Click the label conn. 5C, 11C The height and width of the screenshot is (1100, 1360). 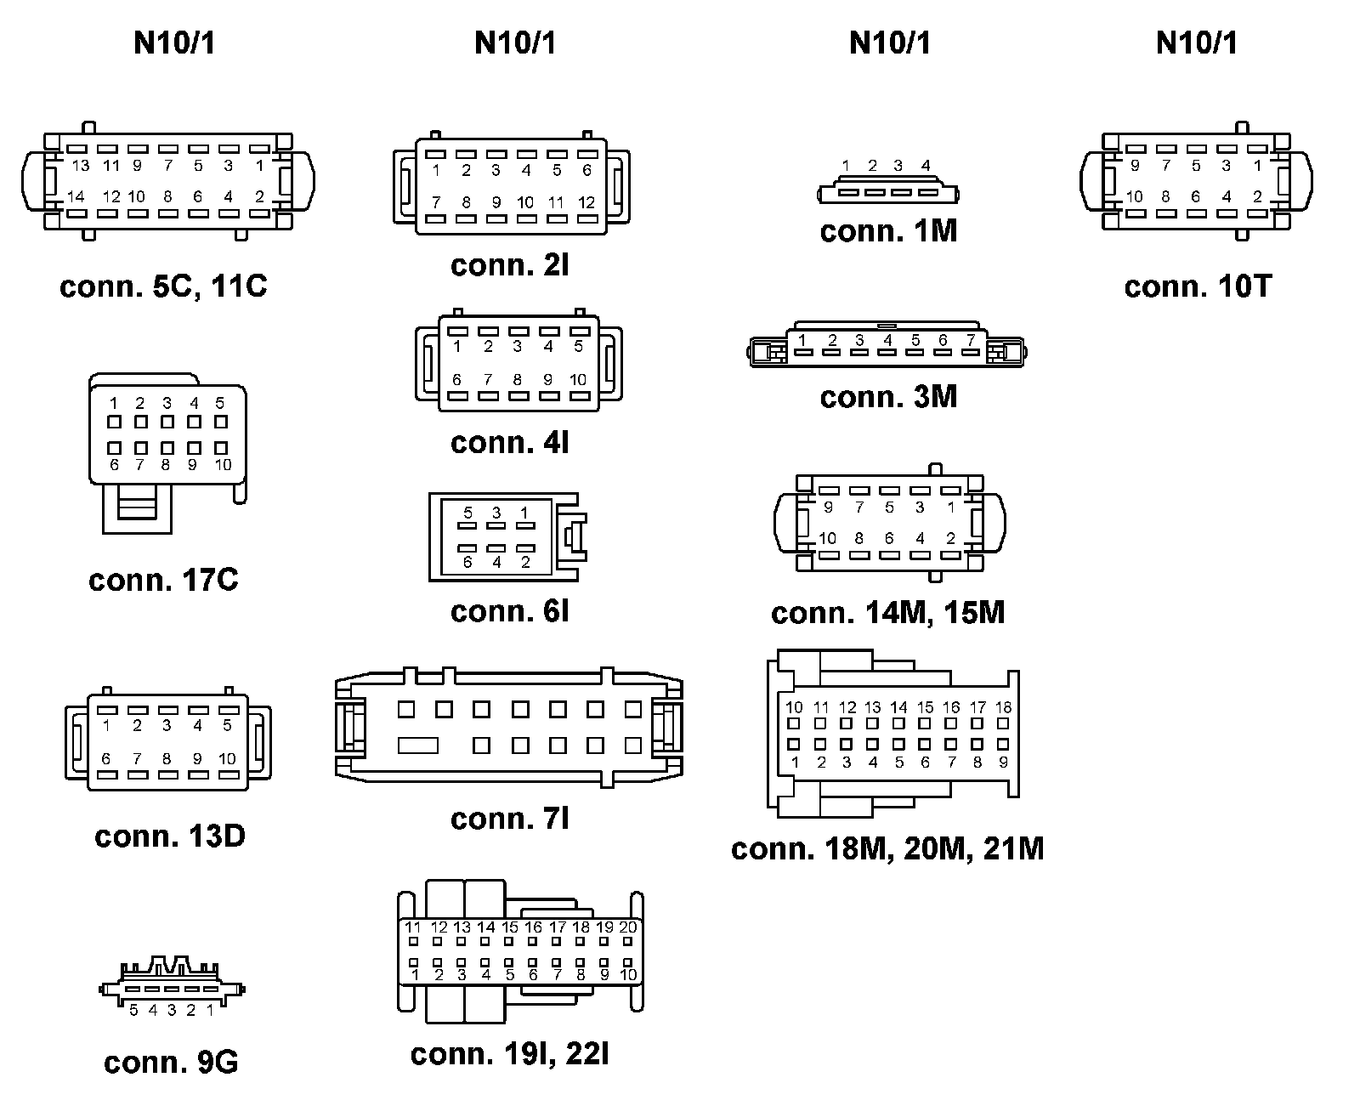pos(163,286)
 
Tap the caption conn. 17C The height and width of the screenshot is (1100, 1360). pos(163,580)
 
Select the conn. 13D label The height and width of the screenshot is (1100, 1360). pos(170,836)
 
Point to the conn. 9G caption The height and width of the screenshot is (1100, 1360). pos(171,1062)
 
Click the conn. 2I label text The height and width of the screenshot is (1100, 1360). pos(510,265)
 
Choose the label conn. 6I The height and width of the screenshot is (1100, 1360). pos(510,610)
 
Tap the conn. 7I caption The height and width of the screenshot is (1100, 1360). pos(510,818)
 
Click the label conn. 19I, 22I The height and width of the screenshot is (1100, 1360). pos(510,1054)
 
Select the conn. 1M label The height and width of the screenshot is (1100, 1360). pos(888,230)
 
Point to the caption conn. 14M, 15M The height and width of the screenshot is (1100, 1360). pos(888,612)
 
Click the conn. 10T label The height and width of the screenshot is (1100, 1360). pos(1198,286)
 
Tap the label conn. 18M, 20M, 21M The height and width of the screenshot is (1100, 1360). pos(887,848)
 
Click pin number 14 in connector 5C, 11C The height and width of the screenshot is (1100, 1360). pos(76,196)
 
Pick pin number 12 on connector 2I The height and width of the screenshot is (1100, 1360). pos(586,203)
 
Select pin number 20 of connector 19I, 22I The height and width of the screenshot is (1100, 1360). pos(628,927)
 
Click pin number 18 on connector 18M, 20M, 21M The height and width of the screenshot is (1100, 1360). pos(1003,707)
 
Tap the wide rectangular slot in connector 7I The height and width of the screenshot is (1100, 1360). pos(418,746)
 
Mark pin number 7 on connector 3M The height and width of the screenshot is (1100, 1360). pos(970,340)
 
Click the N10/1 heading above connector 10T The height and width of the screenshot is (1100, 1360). pos(1197,43)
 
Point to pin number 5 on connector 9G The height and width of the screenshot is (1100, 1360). pos(133,1011)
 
